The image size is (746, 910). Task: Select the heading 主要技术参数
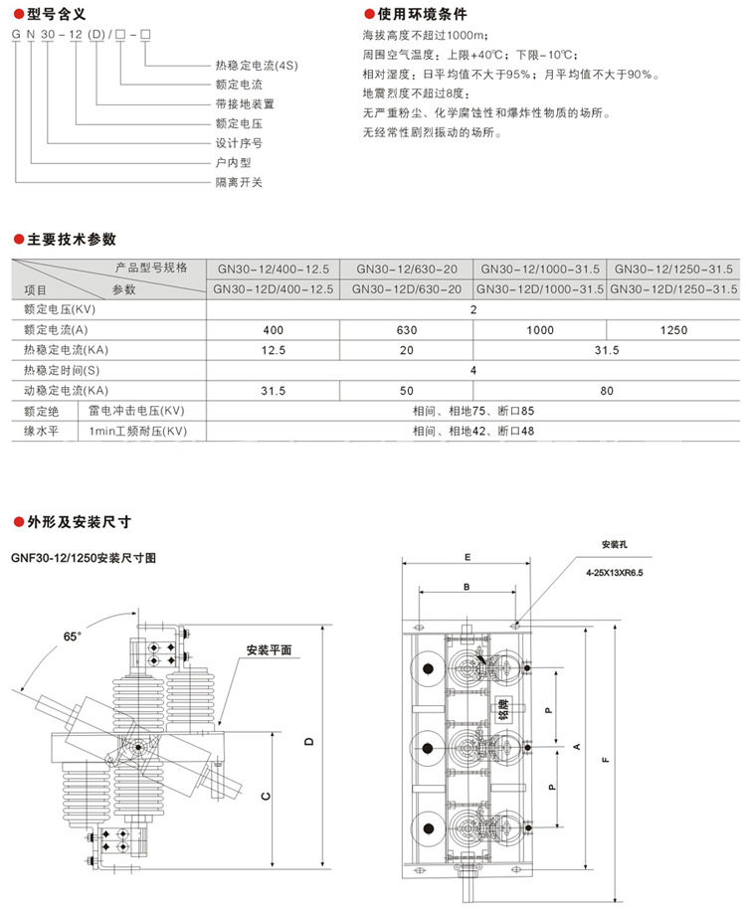[71, 240]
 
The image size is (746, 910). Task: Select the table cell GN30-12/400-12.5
[274, 270]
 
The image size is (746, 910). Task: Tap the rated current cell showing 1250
[673, 330]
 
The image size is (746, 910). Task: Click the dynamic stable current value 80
[607, 390]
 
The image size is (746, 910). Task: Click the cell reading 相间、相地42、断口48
[473, 431]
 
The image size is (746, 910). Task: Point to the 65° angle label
[71, 636]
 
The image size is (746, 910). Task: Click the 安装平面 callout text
[269, 650]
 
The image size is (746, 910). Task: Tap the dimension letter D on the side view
[309, 743]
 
